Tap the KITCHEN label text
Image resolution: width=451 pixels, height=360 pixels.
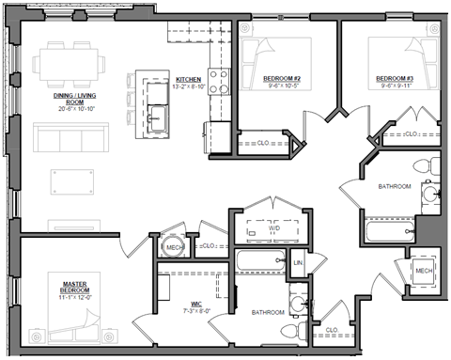(x=188, y=80)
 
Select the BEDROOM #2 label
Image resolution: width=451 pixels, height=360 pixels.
(x=282, y=78)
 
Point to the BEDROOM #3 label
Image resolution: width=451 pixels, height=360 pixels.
(x=394, y=78)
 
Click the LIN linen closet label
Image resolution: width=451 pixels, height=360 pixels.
(x=298, y=263)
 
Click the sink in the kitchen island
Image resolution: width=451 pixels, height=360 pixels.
(x=155, y=117)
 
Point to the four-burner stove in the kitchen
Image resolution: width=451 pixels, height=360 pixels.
(x=218, y=84)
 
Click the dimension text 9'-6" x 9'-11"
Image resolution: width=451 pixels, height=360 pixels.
(x=394, y=86)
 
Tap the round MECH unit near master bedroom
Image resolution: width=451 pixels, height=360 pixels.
(x=172, y=245)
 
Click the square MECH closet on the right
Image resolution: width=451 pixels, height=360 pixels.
(x=424, y=271)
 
